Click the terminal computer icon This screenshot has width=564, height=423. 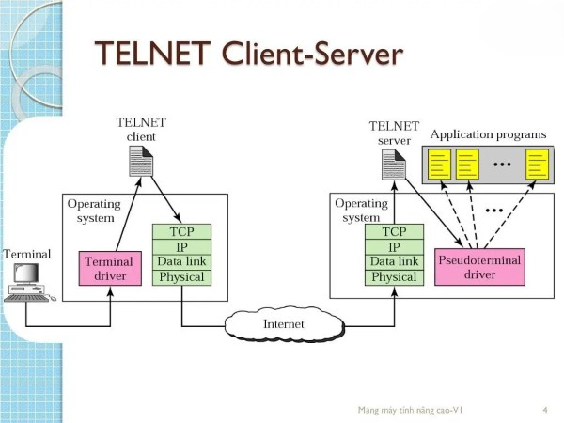[27, 282]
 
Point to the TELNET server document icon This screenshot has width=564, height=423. [393, 164]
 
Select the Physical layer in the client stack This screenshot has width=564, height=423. [181, 277]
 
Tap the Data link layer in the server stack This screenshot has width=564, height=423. [393, 261]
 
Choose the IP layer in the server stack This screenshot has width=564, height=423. [393, 246]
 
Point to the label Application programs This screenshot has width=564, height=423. [488, 134]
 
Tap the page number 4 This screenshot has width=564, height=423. [545, 411]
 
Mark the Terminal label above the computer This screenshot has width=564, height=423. [27, 254]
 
